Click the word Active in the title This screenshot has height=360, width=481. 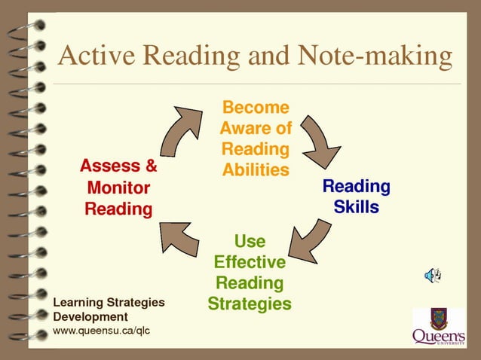[93, 56]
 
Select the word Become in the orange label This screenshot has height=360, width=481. [256, 108]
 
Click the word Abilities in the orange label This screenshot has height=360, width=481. [256, 169]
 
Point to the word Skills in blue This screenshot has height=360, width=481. [357, 206]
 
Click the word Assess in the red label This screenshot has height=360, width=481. [110, 166]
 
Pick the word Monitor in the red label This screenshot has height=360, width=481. [118, 188]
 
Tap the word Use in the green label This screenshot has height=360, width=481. [250, 241]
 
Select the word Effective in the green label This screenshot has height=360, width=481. [250, 262]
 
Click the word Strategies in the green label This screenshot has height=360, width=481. [250, 304]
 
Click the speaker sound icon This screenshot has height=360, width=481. [433, 276]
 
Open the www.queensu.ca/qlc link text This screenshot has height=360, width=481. [102, 331]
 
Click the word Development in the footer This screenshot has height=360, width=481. [90, 316]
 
